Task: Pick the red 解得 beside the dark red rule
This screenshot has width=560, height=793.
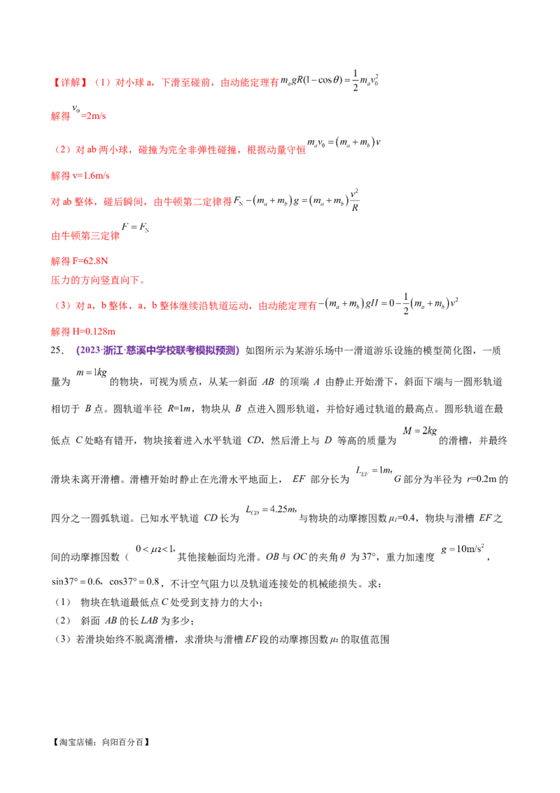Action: pos(59,116)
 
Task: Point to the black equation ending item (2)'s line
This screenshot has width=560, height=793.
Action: pos(344,145)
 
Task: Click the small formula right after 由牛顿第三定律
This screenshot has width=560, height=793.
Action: pos(137,228)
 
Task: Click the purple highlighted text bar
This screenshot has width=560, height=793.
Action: pos(157,350)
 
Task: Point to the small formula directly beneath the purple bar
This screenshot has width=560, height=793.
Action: pos(90,375)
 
